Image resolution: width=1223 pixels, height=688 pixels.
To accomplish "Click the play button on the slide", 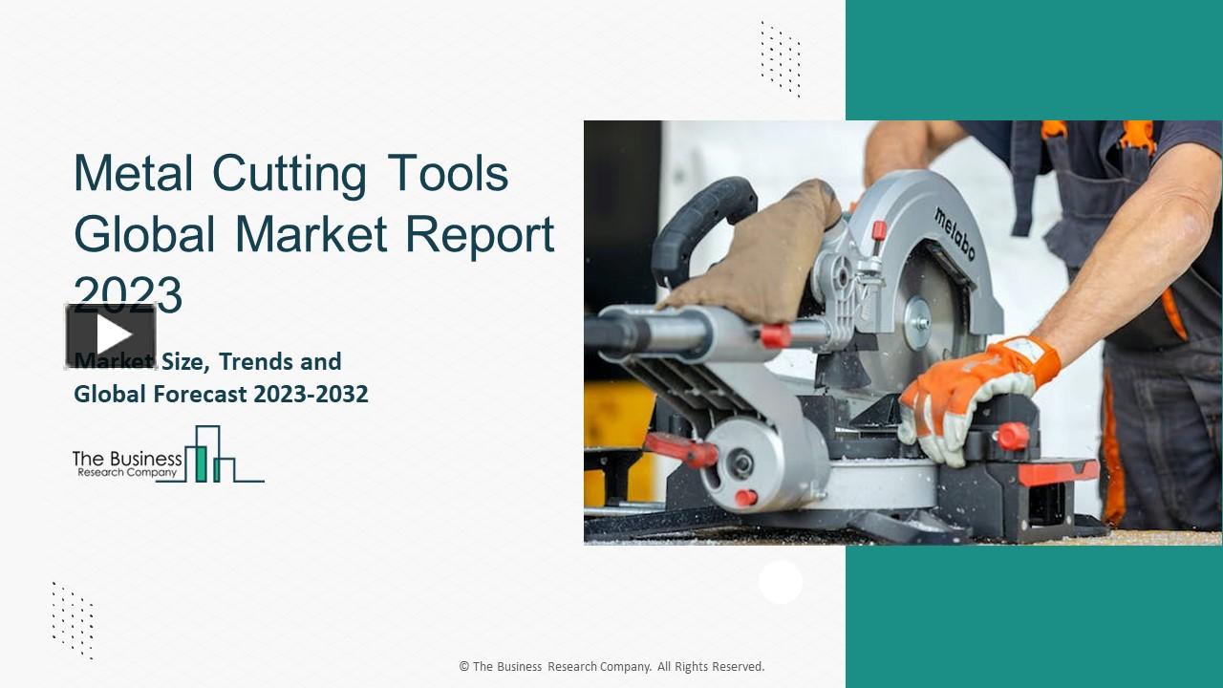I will [x=111, y=335].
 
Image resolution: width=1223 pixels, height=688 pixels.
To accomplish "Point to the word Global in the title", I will [x=143, y=234].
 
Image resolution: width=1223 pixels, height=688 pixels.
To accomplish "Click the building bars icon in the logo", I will [x=212, y=455].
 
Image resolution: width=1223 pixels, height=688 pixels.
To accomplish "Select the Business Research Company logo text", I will [x=127, y=463].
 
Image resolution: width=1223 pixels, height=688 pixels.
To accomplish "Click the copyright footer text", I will [x=611, y=667].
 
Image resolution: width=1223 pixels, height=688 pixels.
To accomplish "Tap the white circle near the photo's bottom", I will [x=781, y=582].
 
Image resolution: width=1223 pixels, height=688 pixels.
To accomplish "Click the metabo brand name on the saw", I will [x=955, y=234].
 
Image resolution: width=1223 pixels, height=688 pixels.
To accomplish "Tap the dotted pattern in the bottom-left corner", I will [x=73, y=619].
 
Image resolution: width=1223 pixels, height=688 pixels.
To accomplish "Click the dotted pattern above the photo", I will [x=781, y=58].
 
